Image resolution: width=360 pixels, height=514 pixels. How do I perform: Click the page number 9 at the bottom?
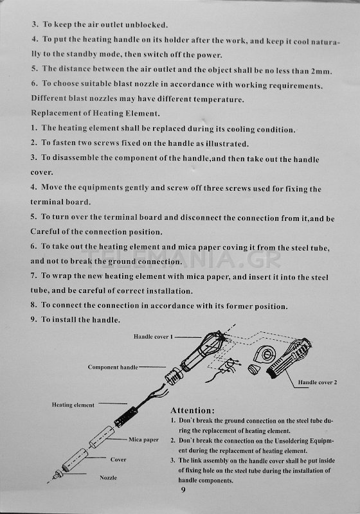coord(183,490)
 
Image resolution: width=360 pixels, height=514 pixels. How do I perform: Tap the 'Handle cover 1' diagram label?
coord(153,337)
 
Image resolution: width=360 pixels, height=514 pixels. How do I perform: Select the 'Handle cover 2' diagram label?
coord(318,382)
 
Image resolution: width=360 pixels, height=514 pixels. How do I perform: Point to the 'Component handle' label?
coord(113,367)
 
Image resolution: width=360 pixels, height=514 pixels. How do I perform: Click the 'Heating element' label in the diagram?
coord(73,405)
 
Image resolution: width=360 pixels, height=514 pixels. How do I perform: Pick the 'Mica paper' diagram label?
coord(143,439)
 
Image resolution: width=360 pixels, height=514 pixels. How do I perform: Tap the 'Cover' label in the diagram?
coord(118,459)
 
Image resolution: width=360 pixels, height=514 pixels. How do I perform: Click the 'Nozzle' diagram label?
coord(108,477)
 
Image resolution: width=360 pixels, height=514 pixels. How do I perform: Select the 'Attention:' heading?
coord(192,411)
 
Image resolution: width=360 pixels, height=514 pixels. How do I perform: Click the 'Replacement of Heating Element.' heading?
coord(95,114)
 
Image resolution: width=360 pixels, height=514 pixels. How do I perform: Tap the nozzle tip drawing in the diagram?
coord(59,474)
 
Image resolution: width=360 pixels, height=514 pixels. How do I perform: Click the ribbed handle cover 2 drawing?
coord(289,359)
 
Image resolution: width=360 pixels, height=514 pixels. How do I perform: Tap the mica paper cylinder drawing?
coord(102,437)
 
